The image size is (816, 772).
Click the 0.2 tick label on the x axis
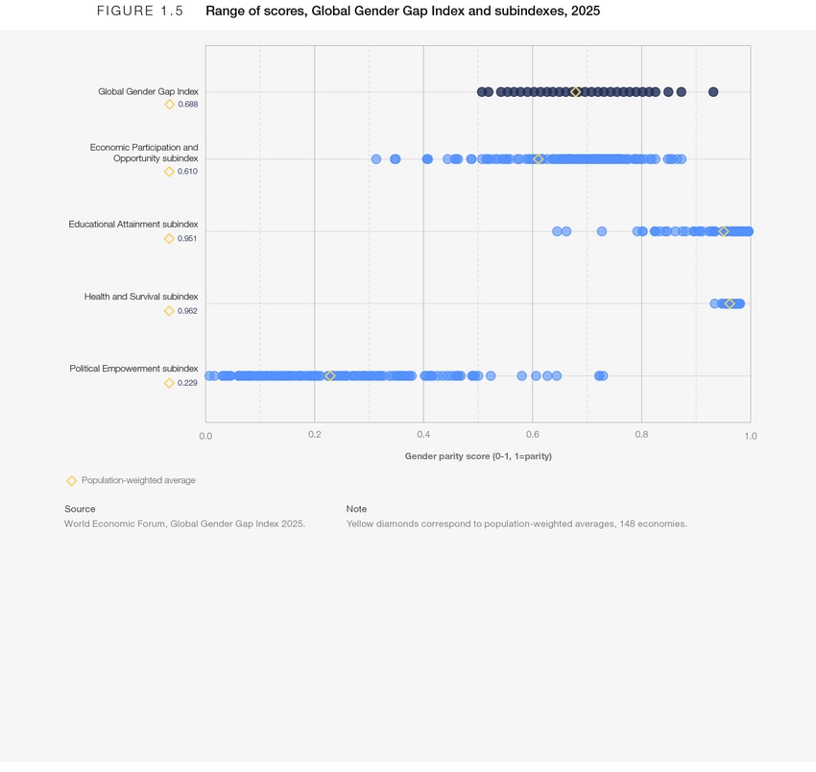(x=314, y=436)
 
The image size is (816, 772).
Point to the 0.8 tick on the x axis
(x=641, y=436)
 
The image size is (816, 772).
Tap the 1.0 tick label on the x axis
(x=750, y=436)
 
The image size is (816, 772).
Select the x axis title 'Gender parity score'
(x=478, y=456)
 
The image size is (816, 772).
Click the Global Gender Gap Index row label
(x=148, y=91)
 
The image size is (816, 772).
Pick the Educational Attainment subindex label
(x=132, y=224)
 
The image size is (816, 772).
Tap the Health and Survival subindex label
(x=141, y=297)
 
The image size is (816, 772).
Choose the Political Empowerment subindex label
(x=133, y=369)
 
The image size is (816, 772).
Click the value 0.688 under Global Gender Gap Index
(x=188, y=105)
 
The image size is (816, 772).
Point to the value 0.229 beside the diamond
(x=187, y=383)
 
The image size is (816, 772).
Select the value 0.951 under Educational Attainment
(x=187, y=238)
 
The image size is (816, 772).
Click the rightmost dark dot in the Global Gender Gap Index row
(x=713, y=92)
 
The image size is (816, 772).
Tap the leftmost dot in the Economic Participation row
(x=376, y=158)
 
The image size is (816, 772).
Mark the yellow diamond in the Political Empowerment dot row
(x=330, y=375)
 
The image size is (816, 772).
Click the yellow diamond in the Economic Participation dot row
(x=539, y=158)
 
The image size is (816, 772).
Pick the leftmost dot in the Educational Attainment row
(x=557, y=231)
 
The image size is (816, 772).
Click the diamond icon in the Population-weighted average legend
(x=71, y=480)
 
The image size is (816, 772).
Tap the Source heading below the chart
(x=80, y=509)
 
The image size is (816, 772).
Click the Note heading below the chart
(x=356, y=509)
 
